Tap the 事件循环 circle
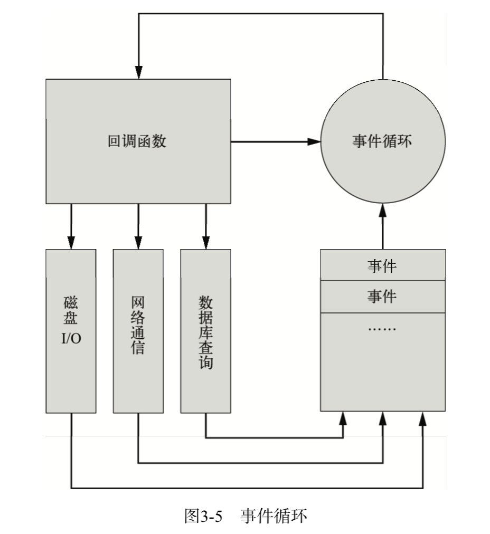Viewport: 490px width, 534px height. (x=383, y=141)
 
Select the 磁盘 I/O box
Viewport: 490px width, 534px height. (x=71, y=330)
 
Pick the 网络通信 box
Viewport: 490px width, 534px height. (x=138, y=330)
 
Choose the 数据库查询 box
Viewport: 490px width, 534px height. (x=205, y=330)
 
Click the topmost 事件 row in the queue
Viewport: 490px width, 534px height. (x=383, y=266)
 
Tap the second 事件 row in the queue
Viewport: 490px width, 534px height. (x=383, y=297)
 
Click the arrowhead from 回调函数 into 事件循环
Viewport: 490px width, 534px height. (x=315, y=141)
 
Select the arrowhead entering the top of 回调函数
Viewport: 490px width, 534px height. (x=138, y=73)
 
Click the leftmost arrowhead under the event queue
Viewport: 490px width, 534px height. (x=343, y=418)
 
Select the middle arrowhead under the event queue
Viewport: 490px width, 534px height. (x=383, y=418)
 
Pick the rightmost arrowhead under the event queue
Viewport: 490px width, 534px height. (x=422, y=418)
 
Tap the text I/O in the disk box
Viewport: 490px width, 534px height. (x=71, y=338)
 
